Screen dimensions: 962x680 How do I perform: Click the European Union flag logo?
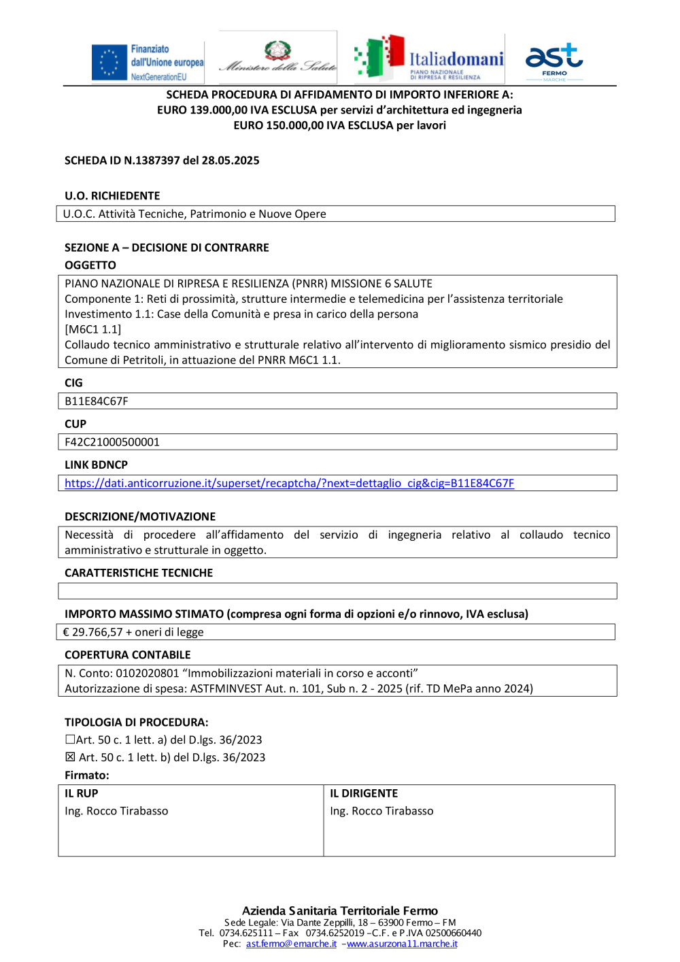coord(109,62)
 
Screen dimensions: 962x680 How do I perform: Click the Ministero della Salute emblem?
coord(277,51)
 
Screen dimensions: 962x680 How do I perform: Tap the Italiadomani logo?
coord(428,59)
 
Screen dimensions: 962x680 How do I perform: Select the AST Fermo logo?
coord(554,60)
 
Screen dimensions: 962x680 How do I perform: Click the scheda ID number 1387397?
coord(157,161)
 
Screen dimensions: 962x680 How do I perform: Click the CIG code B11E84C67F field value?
coord(97,401)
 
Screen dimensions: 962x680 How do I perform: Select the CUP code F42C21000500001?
coord(112,442)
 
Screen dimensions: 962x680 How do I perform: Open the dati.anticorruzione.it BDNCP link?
coord(289,483)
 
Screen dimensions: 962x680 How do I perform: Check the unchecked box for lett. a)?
coord(70,740)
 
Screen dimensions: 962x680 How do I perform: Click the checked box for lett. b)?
coord(70,757)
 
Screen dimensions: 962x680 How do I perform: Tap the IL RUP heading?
coord(82,793)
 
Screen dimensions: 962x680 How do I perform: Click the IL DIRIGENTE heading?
coord(364,793)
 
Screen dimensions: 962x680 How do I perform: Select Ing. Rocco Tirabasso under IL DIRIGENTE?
coord(381,811)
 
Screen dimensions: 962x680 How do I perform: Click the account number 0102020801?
coord(147,674)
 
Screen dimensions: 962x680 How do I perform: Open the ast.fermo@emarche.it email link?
coord(291,944)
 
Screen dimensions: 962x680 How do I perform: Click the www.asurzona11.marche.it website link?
coord(402,944)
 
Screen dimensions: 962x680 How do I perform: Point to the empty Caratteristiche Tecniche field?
coord(337,591)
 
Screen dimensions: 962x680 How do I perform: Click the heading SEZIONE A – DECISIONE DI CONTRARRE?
coord(167,248)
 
